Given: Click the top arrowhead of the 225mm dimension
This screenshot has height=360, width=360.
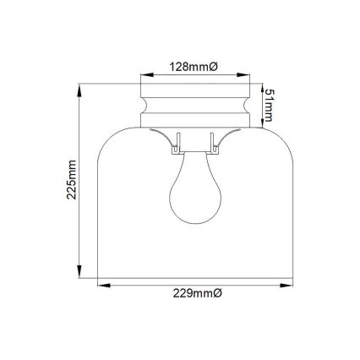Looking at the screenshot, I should (x=80, y=86).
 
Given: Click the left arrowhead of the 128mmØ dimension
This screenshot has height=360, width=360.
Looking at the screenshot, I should (x=144, y=74).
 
